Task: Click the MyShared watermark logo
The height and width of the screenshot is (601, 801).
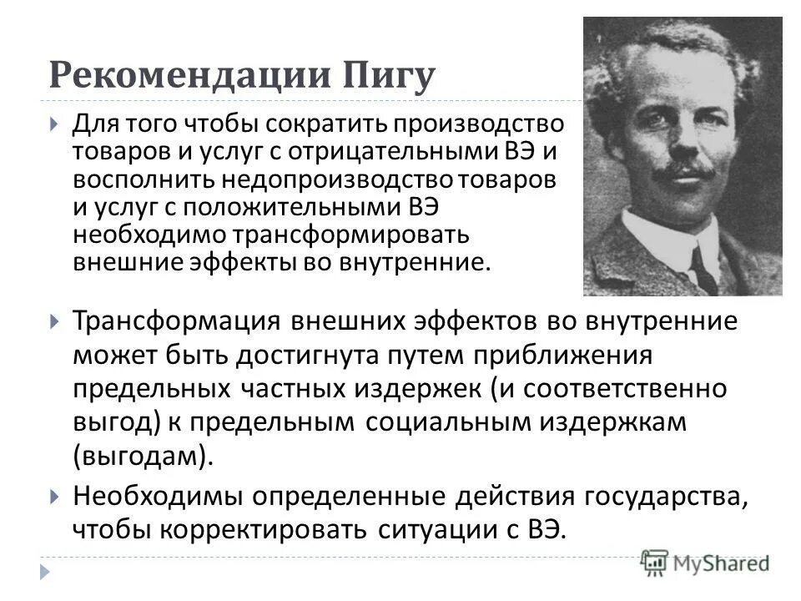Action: coord(706,563)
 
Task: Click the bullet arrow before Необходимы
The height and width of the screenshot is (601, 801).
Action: coord(54,497)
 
